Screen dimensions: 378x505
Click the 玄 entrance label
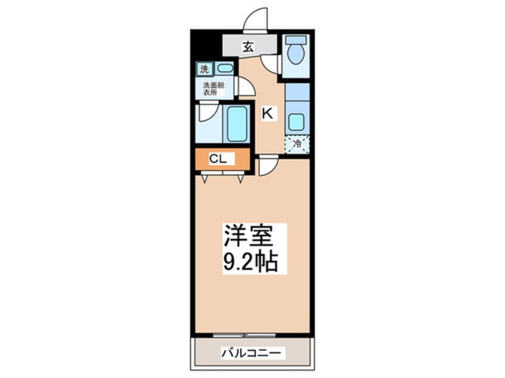247,47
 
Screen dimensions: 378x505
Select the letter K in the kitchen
268,113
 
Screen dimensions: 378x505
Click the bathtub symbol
236,123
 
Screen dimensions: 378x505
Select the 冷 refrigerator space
297,143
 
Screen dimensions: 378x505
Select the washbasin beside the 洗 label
224,69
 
